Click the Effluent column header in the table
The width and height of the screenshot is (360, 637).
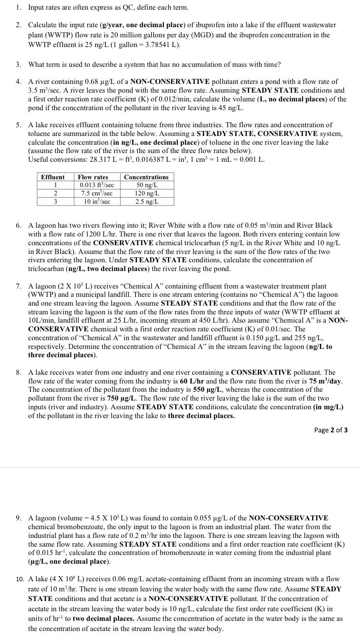53,177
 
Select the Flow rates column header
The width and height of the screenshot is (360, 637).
93,177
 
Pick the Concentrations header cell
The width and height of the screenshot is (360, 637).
146,177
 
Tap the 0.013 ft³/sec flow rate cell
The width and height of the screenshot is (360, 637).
95,185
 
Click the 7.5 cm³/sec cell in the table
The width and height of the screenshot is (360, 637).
95,194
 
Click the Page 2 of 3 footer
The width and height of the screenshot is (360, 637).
330,430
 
